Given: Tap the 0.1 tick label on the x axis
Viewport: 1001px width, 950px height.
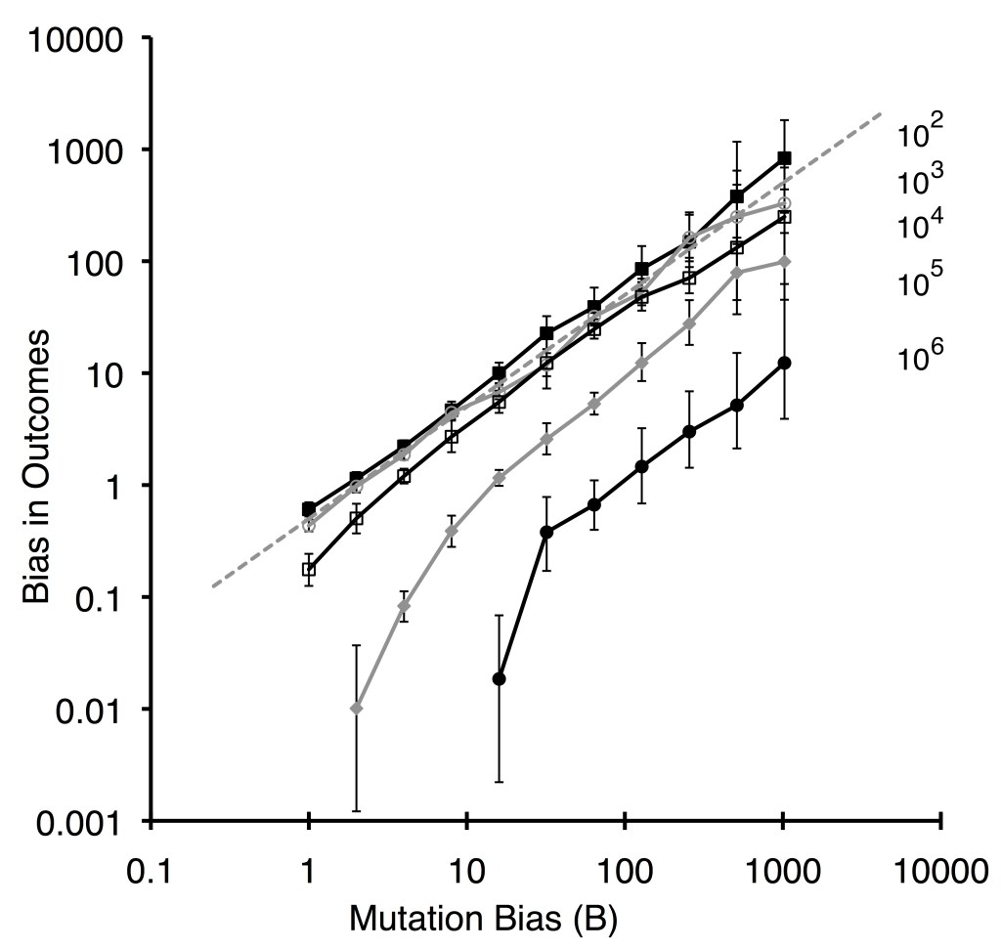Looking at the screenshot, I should (150, 871).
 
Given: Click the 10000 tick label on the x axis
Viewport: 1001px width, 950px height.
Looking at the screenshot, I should (939, 871).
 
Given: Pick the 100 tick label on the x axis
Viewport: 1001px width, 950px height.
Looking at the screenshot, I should (625, 871).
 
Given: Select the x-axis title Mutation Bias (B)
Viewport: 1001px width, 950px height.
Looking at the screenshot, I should (483, 919).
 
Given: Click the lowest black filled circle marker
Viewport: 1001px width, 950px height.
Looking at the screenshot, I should (499, 678).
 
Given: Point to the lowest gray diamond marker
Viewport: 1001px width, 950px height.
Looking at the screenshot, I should (357, 708).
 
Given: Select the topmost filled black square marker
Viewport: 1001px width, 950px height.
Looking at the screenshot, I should (784, 158).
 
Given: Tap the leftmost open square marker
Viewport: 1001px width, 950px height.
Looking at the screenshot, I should (309, 569).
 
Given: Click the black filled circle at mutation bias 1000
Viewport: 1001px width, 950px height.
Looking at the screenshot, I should (784, 363).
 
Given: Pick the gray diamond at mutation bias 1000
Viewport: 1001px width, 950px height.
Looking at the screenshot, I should (784, 261).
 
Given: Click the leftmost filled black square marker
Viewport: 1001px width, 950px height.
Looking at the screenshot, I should (309, 509).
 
